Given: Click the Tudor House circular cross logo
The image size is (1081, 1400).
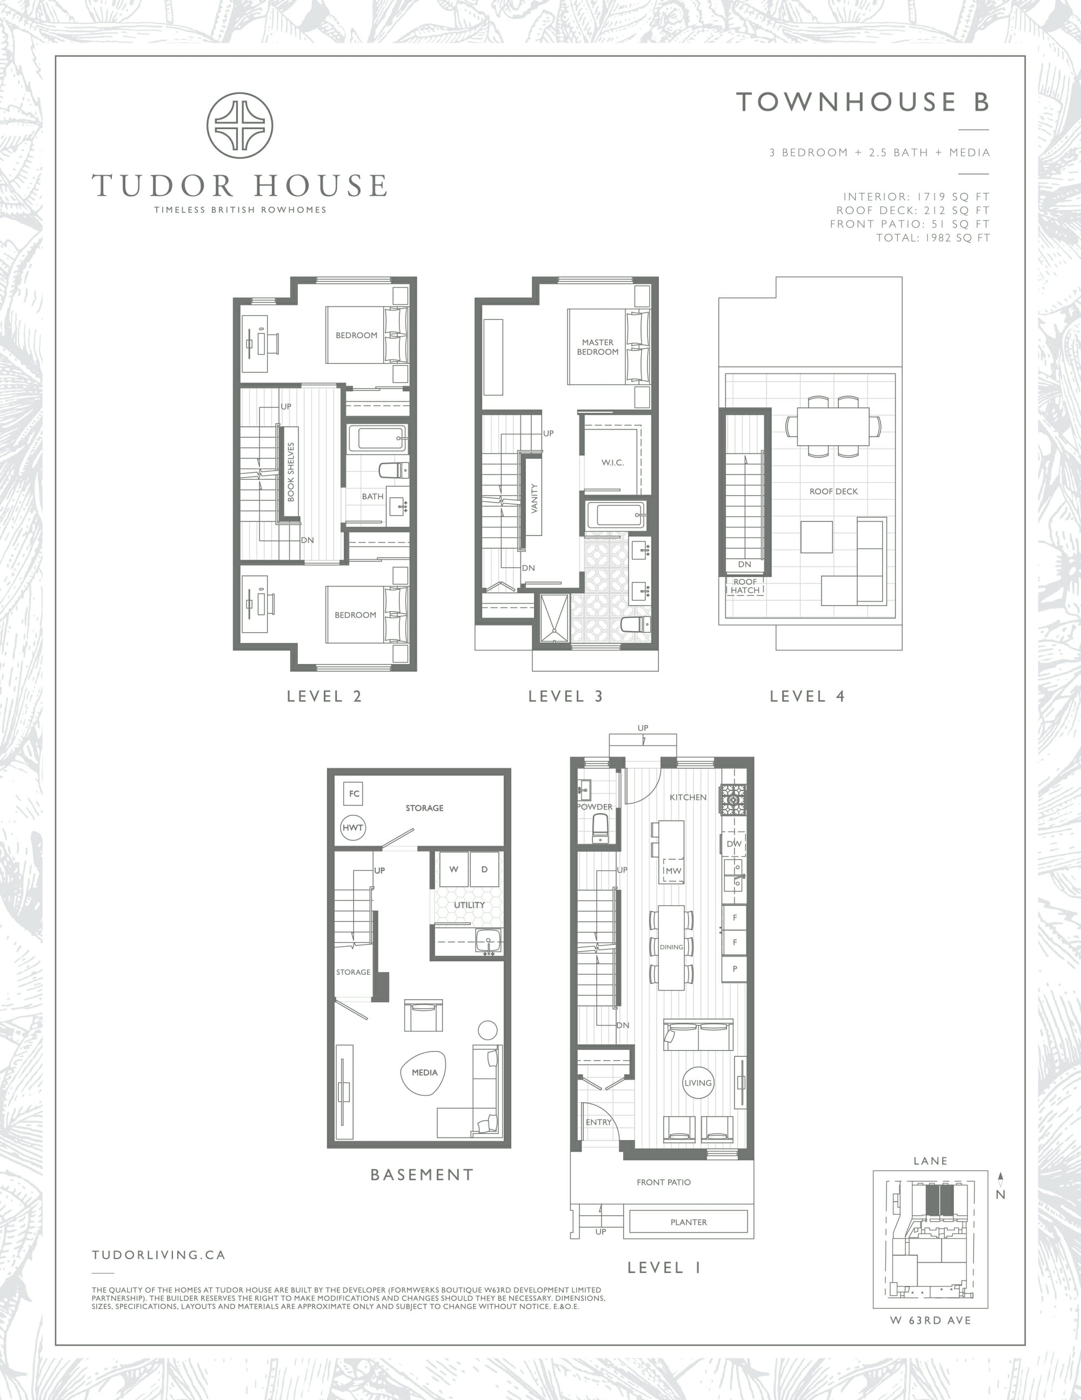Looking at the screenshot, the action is pos(240,125).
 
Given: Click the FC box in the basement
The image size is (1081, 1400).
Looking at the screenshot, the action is pos(354,794).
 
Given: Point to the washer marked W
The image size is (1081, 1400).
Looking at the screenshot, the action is pos(453,869).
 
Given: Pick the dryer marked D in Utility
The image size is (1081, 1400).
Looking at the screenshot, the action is pos(485,869).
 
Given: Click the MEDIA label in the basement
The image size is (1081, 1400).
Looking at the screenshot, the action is pos(424,1072).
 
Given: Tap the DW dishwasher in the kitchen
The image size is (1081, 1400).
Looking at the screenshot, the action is pos(734,843).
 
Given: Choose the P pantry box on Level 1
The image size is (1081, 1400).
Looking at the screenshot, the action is pos(735,969).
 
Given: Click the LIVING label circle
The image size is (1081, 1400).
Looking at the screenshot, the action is pos(698,1083).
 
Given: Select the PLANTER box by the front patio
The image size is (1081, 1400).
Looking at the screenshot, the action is pos(689,1222).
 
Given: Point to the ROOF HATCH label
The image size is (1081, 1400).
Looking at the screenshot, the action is pos(745,586).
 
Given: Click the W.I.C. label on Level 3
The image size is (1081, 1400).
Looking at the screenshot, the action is pos(612,462).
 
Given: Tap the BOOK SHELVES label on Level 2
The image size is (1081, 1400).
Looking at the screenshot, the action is pos(290,472).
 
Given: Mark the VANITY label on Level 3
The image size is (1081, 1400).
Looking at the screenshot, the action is pos(534,498).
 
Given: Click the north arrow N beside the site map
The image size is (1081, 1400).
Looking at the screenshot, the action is pos(1001,1185).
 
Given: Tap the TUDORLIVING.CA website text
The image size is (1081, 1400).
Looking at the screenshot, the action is pos(158,1255).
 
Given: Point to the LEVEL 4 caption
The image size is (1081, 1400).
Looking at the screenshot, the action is pos(807,696).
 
